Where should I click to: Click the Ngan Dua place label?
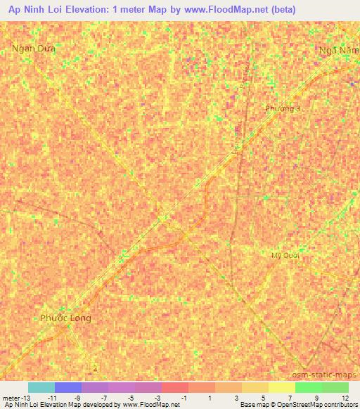coord(33,48)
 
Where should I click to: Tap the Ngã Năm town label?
coord(338,51)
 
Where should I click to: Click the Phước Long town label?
coord(65,318)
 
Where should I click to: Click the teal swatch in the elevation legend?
coord(41,387)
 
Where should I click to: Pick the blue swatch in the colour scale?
coord(67,387)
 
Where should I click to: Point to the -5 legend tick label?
coord(131,397)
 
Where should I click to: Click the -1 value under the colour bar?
coord(185,397)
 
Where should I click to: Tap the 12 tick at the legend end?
coord(344,397)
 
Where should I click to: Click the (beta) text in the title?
coord(280,10)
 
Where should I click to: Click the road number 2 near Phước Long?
coord(95,368)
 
